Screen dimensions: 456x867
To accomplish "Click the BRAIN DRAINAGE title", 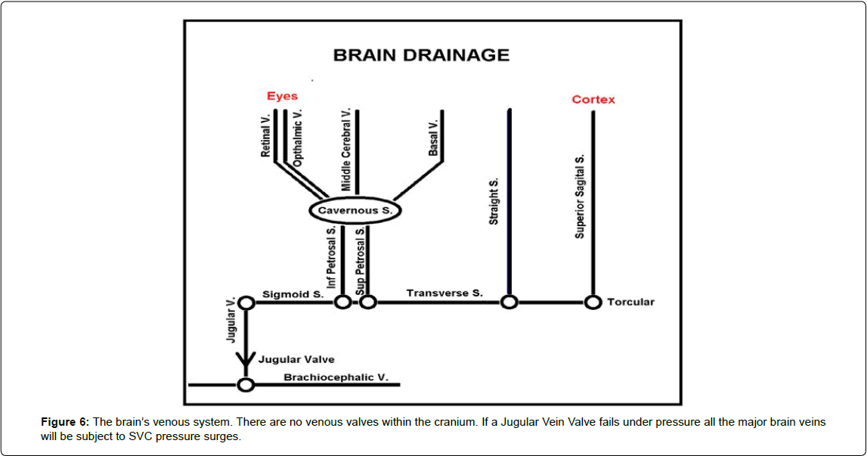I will click(421, 55).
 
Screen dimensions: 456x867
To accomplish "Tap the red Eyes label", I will click(282, 96).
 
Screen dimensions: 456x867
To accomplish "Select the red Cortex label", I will click(593, 99).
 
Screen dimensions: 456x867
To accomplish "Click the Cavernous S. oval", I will click(355, 210).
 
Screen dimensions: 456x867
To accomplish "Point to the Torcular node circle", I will click(593, 302).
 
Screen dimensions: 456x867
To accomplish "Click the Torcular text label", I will click(630, 302).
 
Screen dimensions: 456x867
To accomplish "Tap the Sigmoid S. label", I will click(293, 294).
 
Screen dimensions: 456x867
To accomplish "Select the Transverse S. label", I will click(444, 293).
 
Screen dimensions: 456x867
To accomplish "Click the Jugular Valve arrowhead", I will click(246, 358).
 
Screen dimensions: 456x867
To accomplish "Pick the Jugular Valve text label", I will click(296, 359).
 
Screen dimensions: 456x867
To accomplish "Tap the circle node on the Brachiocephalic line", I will click(246, 385).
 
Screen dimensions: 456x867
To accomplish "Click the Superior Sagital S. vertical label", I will click(580, 196).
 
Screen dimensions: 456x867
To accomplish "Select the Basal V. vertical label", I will click(433, 138).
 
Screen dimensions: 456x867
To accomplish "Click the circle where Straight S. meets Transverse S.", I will click(509, 302).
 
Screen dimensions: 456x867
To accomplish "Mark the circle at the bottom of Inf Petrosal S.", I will click(342, 302).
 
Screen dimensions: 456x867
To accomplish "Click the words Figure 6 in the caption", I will click(65, 422).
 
